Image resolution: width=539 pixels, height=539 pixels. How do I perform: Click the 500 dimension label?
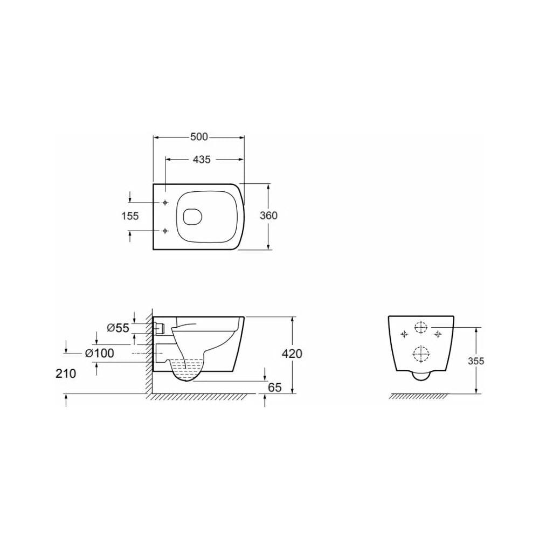pos(199,137)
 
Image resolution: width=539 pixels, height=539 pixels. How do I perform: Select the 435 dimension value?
pos(202,160)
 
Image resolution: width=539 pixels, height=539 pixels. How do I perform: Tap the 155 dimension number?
pos(130,216)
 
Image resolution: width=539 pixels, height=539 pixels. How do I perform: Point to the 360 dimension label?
pos(268,216)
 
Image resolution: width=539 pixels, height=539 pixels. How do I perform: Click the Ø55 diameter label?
pos(118,328)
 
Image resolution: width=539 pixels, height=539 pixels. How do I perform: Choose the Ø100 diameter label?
pos(99,353)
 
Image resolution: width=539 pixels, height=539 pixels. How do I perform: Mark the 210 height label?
pos(66,374)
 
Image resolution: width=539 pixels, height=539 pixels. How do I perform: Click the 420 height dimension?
pos(292,354)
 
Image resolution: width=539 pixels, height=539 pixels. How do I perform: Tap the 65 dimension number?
pos(275,388)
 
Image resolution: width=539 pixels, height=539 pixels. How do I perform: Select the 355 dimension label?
pos(476,361)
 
